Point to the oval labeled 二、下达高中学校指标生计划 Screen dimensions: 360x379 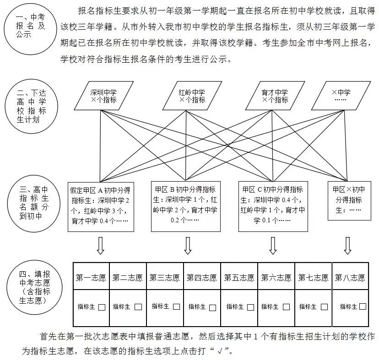coord(31,106)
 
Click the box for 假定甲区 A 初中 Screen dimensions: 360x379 coord(100,205)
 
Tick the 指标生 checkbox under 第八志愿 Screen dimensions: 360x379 coord(363,306)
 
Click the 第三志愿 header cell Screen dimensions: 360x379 coord(165,277)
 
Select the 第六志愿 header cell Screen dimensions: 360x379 coord(276,277)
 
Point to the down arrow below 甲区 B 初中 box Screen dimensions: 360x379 coord(188,246)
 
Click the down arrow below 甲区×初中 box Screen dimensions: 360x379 coord(347,246)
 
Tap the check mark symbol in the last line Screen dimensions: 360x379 coord(223,352)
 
